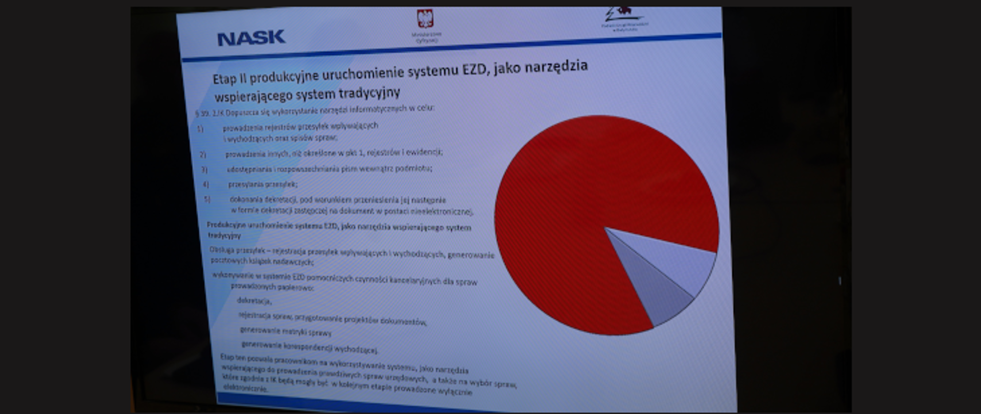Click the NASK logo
click(x=251, y=38)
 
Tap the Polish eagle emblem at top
click(x=425, y=19)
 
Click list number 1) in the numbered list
click(x=200, y=129)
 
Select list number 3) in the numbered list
click(x=204, y=169)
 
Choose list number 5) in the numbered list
click(x=207, y=199)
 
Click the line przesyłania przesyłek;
click(x=263, y=184)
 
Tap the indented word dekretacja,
click(x=254, y=301)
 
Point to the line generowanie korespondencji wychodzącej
click(x=310, y=348)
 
